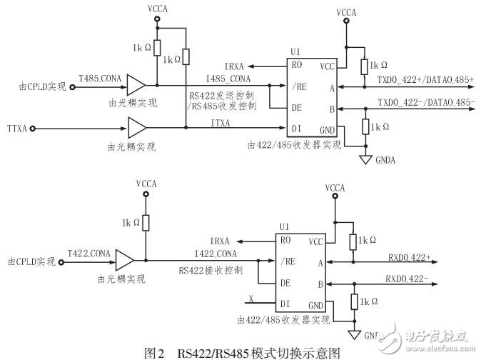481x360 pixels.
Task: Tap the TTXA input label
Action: pos(16,129)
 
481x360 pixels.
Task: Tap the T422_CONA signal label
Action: pos(89,254)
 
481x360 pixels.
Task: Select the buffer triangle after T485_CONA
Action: pos(136,86)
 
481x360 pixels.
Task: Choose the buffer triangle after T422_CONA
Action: pos(126,261)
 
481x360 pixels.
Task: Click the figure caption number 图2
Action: pos(154,352)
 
